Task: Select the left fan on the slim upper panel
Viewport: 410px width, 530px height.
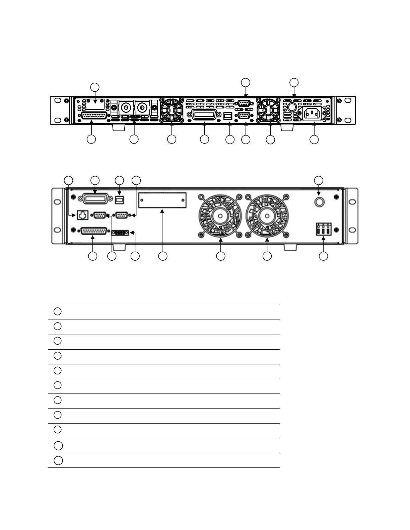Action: [x=172, y=110]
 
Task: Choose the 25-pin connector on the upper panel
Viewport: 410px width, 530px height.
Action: [x=95, y=116]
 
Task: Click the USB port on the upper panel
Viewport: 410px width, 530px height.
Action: [x=228, y=116]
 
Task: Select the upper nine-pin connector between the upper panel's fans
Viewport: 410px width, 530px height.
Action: [x=244, y=103]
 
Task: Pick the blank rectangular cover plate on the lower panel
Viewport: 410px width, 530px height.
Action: [x=162, y=200]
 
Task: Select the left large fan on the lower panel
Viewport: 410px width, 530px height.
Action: [x=220, y=216]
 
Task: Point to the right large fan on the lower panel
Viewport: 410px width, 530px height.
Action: [x=267, y=216]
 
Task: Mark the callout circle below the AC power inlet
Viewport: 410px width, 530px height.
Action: [x=314, y=140]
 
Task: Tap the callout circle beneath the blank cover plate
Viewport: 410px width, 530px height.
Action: [x=163, y=256]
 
